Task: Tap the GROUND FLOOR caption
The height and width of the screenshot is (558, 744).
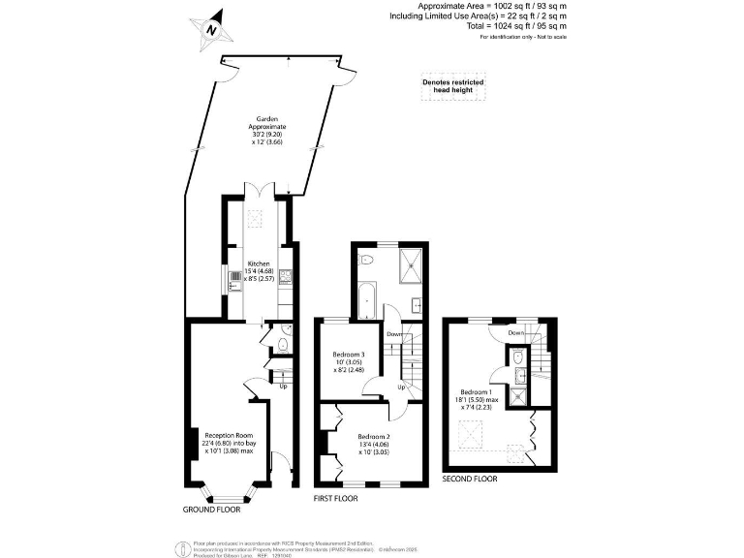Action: (212, 509)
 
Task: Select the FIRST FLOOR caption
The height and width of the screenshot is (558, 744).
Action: (335, 498)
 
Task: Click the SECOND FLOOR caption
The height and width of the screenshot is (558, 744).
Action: (470, 479)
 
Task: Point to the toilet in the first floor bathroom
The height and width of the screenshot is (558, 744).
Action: (366, 260)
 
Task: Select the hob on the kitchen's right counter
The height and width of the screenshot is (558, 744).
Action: (286, 276)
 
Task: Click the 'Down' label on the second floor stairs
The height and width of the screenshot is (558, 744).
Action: (516, 332)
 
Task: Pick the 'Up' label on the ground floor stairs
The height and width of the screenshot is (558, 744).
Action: (283, 387)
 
